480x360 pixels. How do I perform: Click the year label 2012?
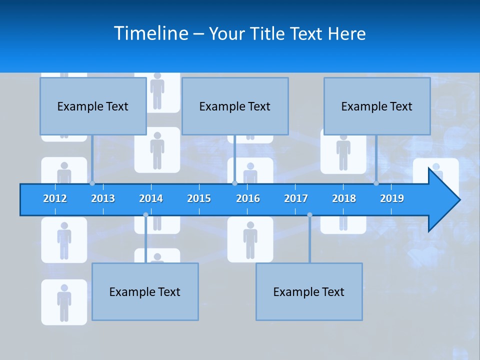(x=55, y=198)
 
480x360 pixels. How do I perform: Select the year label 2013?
(x=103, y=198)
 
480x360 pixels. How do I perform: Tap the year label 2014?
(x=151, y=198)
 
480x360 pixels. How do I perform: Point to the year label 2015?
(x=199, y=198)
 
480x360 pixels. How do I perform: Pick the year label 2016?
(x=248, y=198)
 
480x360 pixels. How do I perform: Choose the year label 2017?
(x=296, y=198)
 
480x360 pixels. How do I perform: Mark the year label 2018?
(x=344, y=198)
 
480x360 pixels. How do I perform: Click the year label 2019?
(x=392, y=198)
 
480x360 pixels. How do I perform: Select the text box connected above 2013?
(x=93, y=106)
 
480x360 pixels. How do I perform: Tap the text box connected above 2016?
(x=235, y=106)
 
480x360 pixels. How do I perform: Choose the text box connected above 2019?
(x=377, y=106)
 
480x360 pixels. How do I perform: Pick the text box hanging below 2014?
(x=145, y=291)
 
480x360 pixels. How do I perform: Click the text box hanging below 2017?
(x=309, y=291)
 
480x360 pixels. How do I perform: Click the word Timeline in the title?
(x=150, y=33)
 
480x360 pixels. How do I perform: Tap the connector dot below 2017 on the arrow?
(x=309, y=215)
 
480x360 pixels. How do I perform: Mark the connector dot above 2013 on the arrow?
(x=92, y=183)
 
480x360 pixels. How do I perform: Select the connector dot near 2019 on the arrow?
(x=376, y=183)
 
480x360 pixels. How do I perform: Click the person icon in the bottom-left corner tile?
(x=64, y=302)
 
